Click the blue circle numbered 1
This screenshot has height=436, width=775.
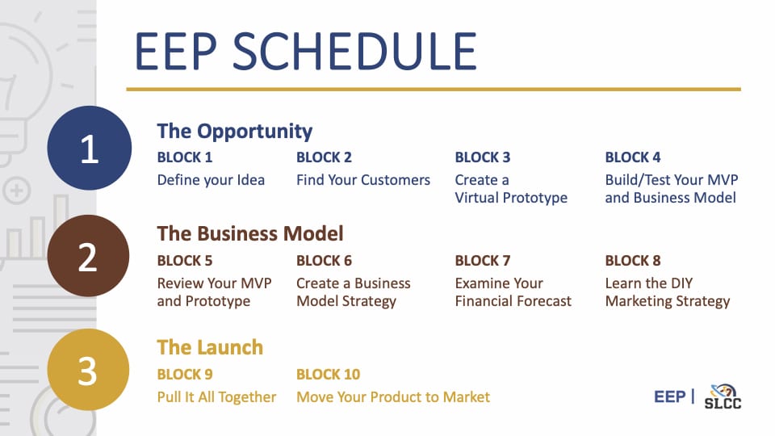90,148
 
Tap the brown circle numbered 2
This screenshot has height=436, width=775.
89,256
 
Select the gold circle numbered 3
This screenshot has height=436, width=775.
89,370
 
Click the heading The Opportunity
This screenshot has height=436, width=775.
235,131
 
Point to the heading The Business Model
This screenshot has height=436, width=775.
250,233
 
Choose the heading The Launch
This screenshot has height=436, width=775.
210,347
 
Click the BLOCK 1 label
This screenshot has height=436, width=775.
185,157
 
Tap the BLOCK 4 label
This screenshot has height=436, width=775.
633,157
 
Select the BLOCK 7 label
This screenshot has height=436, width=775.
483,261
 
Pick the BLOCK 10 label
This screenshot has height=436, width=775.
329,374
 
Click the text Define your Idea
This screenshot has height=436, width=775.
211,180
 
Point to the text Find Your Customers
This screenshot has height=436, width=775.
363,180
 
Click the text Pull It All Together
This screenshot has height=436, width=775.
216,397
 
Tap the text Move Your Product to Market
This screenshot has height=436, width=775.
393,397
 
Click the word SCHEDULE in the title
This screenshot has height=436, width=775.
354,52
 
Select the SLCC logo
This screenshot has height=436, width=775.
723,396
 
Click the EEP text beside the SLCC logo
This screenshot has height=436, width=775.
670,396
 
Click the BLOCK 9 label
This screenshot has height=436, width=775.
185,374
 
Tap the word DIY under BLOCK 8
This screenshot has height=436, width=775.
681,283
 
